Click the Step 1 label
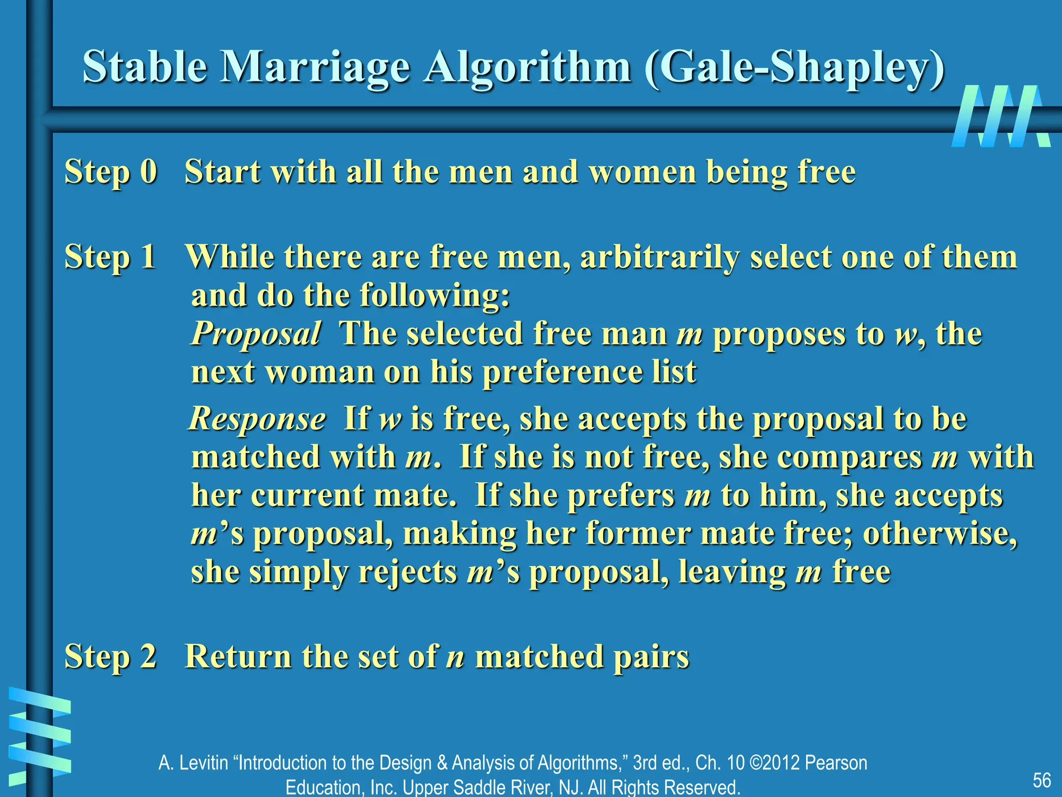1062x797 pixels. point(110,256)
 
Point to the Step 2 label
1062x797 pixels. point(110,656)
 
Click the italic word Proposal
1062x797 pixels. point(256,333)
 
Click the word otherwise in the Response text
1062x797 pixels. point(939,533)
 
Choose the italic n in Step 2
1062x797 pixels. point(455,657)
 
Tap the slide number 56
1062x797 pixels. point(1041,780)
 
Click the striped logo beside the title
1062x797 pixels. point(1001,116)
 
